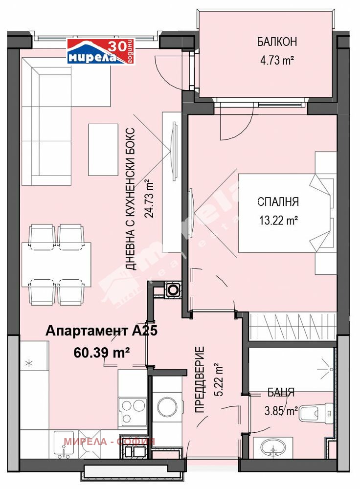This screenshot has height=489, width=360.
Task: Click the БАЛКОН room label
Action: click(x=277, y=42)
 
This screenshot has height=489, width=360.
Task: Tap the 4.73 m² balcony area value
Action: click(x=277, y=60)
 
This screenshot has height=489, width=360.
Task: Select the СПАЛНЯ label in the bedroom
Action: click(x=278, y=202)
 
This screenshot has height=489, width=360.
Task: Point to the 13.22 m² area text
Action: click(x=278, y=221)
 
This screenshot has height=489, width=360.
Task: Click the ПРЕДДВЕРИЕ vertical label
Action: click(x=200, y=379)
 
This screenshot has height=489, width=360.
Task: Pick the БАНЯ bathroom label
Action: click(x=281, y=392)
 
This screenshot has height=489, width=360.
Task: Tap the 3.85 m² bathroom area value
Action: click(x=281, y=411)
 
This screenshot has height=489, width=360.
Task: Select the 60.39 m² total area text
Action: click(x=102, y=353)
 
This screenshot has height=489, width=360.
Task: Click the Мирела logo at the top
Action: click(x=101, y=51)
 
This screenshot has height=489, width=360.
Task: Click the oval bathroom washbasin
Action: click(x=273, y=448)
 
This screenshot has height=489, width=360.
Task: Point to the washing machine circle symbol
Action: click(x=167, y=406)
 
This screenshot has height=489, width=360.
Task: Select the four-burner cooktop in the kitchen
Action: click(x=133, y=412)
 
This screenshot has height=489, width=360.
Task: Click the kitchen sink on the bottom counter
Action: click(x=64, y=445)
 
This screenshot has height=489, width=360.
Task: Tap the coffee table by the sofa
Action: click(x=103, y=150)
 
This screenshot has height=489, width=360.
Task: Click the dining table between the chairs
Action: click(x=56, y=265)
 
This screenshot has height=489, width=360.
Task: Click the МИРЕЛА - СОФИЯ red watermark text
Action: click(x=110, y=441)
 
